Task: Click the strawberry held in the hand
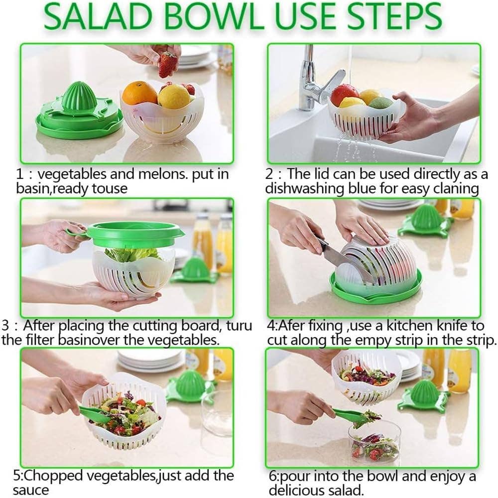(x=168, y=65)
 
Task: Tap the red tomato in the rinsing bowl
(x=344, y=94)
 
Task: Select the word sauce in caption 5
(x=31, y=490)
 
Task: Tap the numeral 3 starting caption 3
(x=5, y=326)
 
